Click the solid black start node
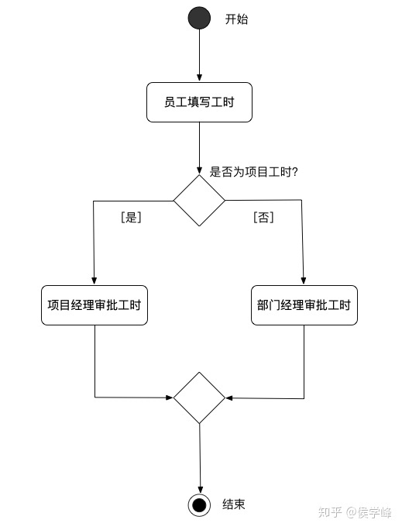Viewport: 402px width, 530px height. (199, 18)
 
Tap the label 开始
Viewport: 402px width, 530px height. (236, 19)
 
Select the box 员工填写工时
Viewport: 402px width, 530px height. (199, 102)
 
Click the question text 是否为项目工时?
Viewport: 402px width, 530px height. (254, 171)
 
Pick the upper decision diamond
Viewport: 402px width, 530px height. (199, 200)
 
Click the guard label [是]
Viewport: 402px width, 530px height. (131, 218)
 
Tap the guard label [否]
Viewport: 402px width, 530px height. (263, 218)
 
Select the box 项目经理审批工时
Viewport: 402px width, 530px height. (94, 305)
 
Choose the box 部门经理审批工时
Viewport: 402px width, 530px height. (304, 305)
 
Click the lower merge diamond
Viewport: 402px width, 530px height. (199, 397)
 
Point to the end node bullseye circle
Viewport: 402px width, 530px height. (200, 505)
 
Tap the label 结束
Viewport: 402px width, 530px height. (234, 505)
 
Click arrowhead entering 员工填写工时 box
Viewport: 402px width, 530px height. (199, 78)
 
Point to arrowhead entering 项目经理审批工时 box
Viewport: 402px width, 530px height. (94, 281)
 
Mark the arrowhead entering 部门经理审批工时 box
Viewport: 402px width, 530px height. (304, 281)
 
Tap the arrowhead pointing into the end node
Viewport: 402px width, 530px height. (200, 489)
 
